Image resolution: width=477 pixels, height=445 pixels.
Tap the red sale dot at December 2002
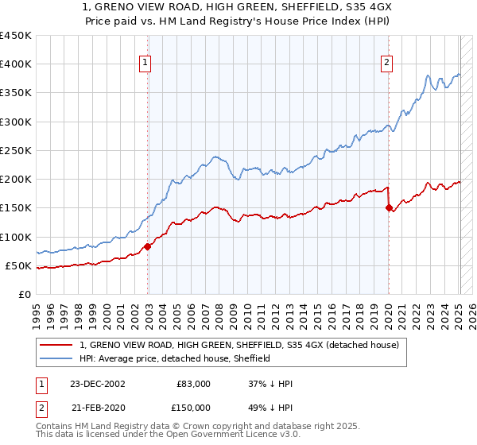point(148,246)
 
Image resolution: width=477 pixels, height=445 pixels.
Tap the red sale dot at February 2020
point(389,208)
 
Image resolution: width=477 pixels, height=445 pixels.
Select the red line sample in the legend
point(57,345)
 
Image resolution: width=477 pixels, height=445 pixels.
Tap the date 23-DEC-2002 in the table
point(97,384)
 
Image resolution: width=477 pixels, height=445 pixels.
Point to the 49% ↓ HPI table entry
point(271,408)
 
